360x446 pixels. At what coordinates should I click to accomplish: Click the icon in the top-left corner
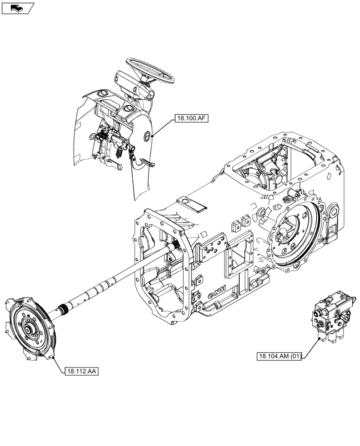tap(18, 8)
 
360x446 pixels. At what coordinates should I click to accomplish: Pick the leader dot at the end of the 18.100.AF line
tap(152, 135)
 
